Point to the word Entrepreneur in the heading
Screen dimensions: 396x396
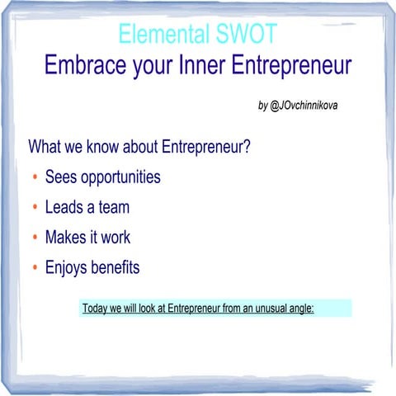(x=291, y=65)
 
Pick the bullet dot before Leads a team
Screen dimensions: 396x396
(x=34, y=209)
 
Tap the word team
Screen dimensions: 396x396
(x=113, y=208)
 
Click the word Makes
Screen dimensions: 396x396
(x=64, y=238)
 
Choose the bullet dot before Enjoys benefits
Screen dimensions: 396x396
(x=34, y=269)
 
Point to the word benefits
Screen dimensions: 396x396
(x=116, y=267)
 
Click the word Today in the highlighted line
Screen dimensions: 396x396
(x=97, y=309)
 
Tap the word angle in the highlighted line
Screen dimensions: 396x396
(x=299, y=309)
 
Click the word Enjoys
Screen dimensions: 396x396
(x=65, y=268)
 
